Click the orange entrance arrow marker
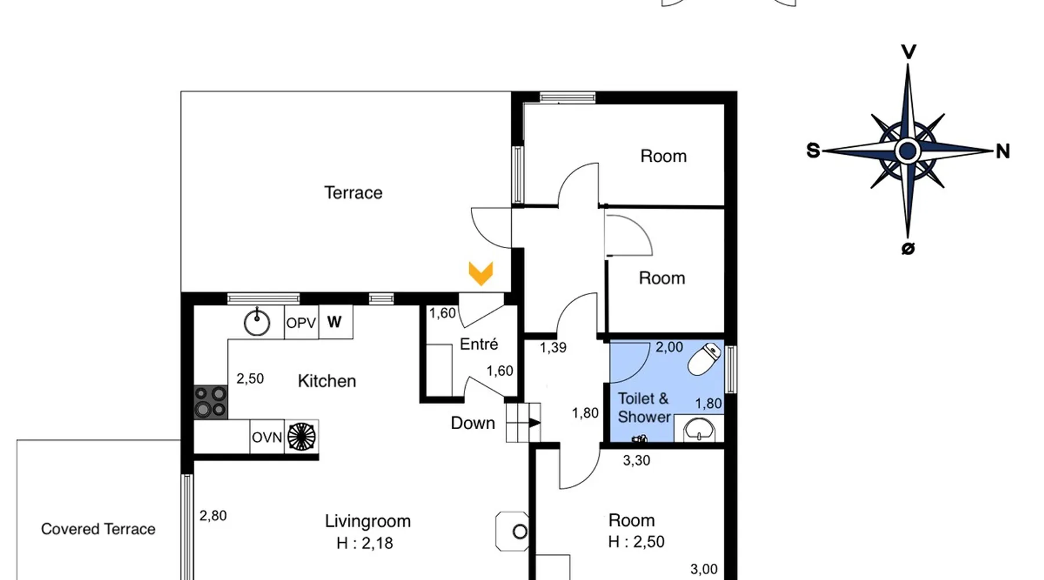[481, 274]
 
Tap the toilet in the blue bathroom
[705, 359]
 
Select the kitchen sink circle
[257, 322]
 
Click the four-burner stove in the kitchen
[211, 402]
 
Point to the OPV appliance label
[301, 323]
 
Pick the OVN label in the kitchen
[267, 437]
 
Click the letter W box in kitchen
[335, 322]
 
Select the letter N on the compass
[1003, 151]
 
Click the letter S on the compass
[813, 151]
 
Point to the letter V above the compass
[908, 52]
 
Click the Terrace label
[353, 193]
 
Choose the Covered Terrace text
[98, 529]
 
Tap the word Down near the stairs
[473, 423]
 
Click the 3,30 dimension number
[636, 461]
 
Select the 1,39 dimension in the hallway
[553, 348]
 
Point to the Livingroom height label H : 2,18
[365, 543]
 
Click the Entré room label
[478, 344]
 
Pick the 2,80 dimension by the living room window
[213, 516]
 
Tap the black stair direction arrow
[534, 423]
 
